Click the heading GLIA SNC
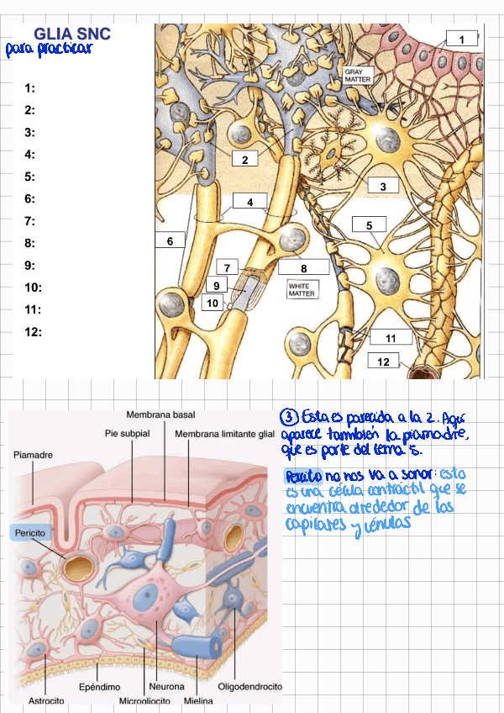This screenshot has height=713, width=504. (x=72, y=34)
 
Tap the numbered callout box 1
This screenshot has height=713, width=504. (x=461, y=40)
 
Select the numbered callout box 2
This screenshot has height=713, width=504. (x=244, y=160)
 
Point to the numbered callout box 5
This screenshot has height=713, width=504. (x=369, y=225)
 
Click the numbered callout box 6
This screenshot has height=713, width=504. (x=170, y=241)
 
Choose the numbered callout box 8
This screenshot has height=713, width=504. (x=303, y=268)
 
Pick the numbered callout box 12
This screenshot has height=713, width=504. (x=384, y=362)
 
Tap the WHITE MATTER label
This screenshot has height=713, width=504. (x=299, y=290)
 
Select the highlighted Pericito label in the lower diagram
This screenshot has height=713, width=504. (x=29, y=533)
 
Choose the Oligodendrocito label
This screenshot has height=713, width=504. (x=249, y=687)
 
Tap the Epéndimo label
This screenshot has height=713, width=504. (x=99, y=687)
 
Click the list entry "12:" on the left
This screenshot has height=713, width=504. (x=33, y=332)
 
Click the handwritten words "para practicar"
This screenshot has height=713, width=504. (x=48, y=49)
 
